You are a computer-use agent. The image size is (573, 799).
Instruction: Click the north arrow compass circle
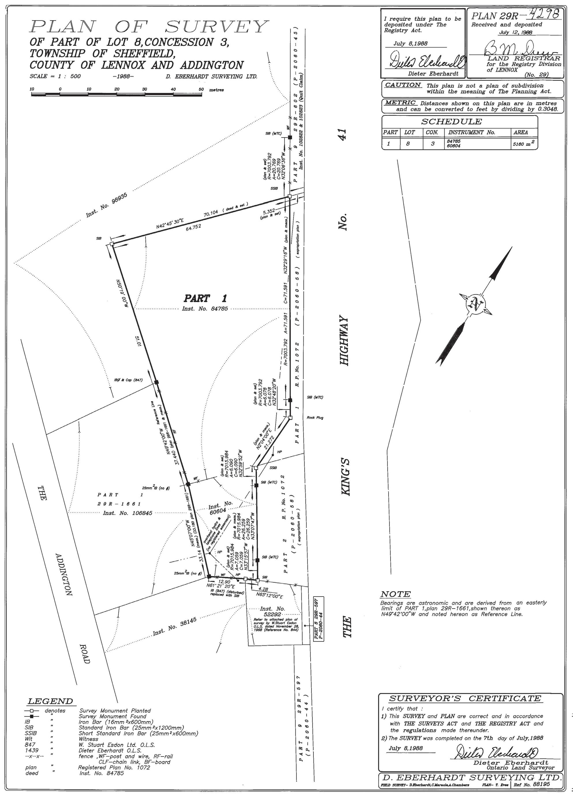click(476, 303)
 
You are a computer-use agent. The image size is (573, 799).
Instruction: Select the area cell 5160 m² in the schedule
click(524, 144)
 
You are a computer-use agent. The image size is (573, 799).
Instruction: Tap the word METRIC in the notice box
click(400, 102)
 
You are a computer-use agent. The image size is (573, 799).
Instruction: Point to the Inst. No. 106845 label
click(127, 513)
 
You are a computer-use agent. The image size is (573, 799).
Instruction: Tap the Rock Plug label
click(315, 418)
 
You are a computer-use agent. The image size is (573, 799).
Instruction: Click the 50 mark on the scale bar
click(201, 89)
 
